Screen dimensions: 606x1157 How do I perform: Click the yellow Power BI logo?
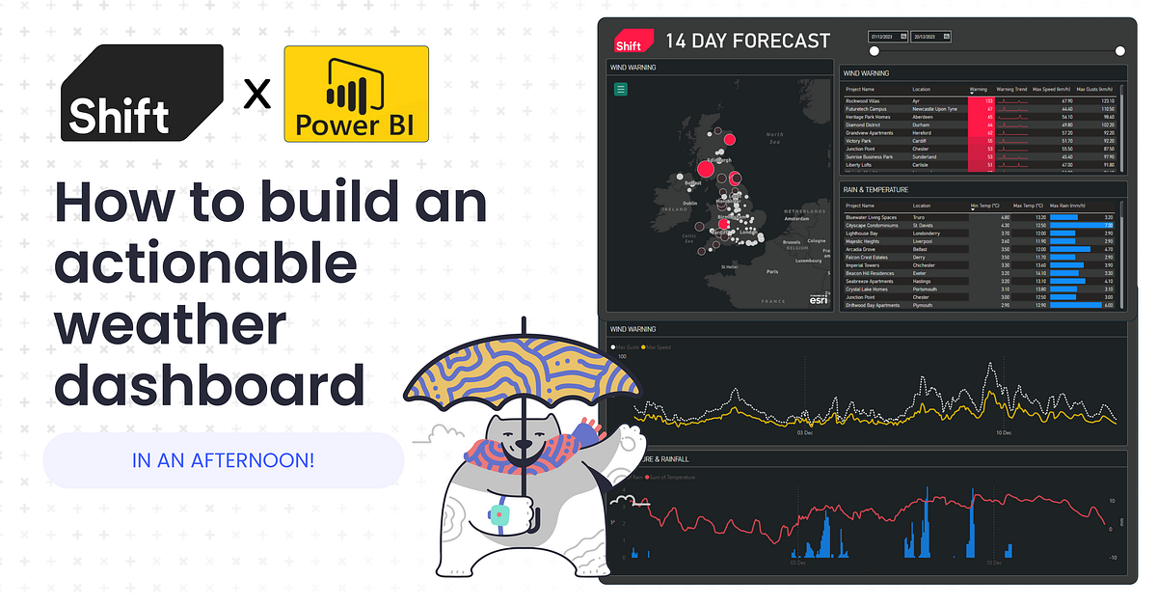pos(357,94)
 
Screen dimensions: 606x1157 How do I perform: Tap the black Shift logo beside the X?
pos(142,94)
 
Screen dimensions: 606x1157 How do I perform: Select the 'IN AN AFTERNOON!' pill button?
pos(223,459)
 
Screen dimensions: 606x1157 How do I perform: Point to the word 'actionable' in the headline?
pos(205,263)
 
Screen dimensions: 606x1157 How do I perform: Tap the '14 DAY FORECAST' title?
pos(747,41)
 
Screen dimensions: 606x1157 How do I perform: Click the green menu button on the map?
pos(621,89)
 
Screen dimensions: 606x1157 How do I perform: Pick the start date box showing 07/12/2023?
pos(888,37)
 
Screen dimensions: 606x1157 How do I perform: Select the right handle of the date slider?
pos(1119,51)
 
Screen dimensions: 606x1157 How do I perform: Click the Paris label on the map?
pos(771,272)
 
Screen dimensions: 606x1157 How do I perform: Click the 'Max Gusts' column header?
pos(1095,89)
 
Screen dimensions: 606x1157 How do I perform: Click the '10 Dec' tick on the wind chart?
pos(1004,433)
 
